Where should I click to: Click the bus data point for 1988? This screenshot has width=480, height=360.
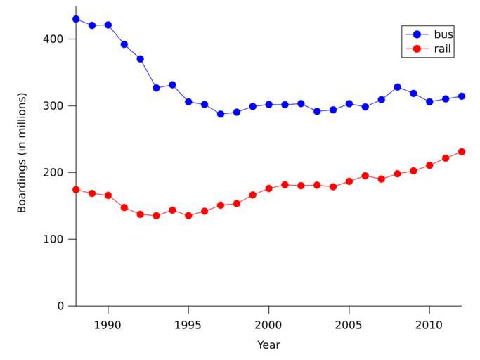tap(76, 19)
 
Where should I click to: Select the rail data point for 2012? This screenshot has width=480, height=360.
tap(462, 152)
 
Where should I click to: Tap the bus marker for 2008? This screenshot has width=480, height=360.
tap(397, 87)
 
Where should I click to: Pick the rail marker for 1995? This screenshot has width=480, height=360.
tap(188, 216)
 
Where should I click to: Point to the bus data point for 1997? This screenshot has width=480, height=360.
tap(221, 114)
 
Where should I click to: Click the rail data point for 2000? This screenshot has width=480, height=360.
tap(268, 188)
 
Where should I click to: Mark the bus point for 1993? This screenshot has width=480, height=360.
tap(156, 88)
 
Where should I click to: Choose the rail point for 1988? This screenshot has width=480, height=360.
tap(76, 190)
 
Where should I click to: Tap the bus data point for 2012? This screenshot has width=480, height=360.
tap(462, 96)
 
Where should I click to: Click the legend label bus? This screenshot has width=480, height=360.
tap(443, 34)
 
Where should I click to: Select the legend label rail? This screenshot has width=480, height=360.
tap(443, 49)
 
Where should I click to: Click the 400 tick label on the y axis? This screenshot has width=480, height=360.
tap(53, 39)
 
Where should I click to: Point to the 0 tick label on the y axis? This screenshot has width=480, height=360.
tap(61, 306)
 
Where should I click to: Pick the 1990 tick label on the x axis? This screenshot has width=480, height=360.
tap(108, 325)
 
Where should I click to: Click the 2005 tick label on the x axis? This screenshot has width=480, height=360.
tap(349, 325)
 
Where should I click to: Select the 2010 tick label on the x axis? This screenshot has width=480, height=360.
tap(429, 325)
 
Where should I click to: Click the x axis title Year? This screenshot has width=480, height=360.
tap(268, 345)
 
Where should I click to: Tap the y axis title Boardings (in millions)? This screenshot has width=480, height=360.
tap(22, 153)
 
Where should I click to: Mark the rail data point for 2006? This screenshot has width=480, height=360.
tap(365, 176)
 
